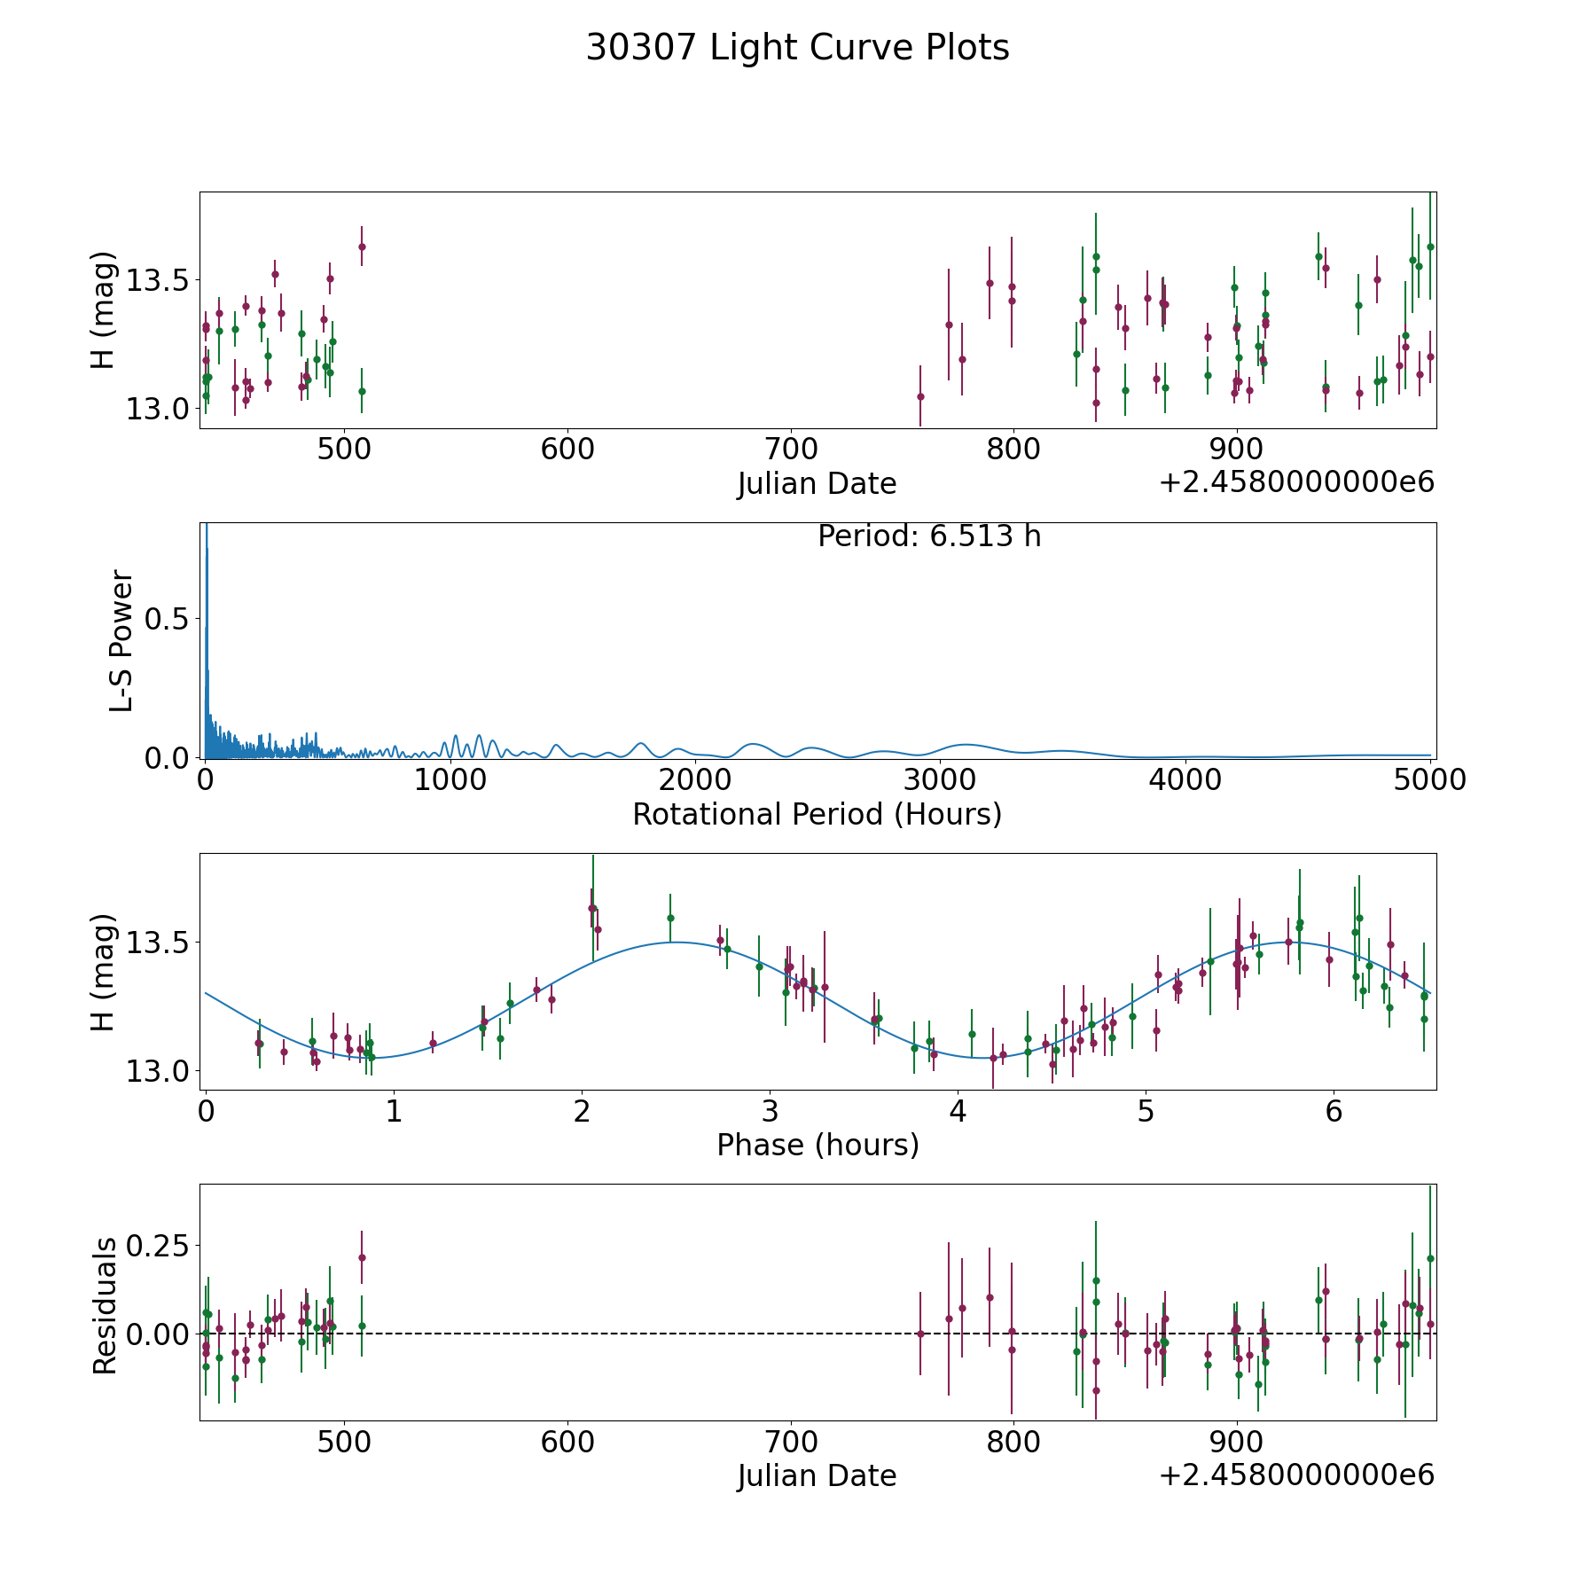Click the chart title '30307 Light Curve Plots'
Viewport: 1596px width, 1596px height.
click(x=797, y=48)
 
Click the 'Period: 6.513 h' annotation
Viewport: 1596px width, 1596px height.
click(x=929, y=536)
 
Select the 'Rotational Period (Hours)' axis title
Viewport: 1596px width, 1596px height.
click(x=817, y=814)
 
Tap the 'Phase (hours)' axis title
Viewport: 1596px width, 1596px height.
click(x=818, y=1145)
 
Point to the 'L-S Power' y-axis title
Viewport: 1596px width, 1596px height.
click(x=121, y=640)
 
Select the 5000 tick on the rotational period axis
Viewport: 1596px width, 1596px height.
click(x=1430, y=779)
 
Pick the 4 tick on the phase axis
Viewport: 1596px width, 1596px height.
click(x=958, y=1111)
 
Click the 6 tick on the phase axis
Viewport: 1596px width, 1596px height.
click(x=1334, y=1111)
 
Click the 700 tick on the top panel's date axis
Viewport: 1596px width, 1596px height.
click(x=790, y=449)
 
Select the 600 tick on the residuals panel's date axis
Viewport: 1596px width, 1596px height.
click(x=567, y=1442)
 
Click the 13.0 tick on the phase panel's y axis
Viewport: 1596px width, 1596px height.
click(x=157, y=1072)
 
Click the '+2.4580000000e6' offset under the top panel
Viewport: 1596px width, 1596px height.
click(x=1296, y=482)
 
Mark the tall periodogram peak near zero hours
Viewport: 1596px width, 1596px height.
click(x=207, y=532)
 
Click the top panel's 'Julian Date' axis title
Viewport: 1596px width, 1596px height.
click(x=817, y=484)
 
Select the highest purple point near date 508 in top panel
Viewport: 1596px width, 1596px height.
click(x=362, y=246)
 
